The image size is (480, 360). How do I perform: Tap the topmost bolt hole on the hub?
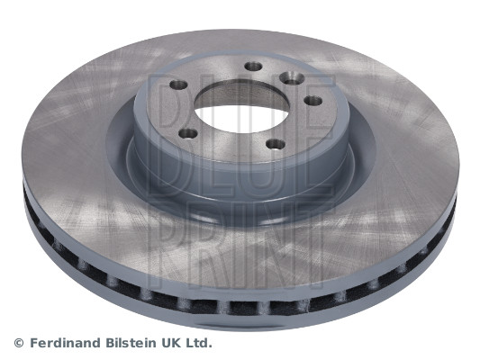[x=253, y=67]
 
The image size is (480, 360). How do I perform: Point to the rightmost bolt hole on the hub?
[x=312, y=100]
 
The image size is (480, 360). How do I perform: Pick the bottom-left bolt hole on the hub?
[x=187, y=134]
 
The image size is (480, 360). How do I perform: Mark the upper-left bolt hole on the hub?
[x=177, y=85]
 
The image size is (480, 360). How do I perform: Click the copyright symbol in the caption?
[x=19, y=343]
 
